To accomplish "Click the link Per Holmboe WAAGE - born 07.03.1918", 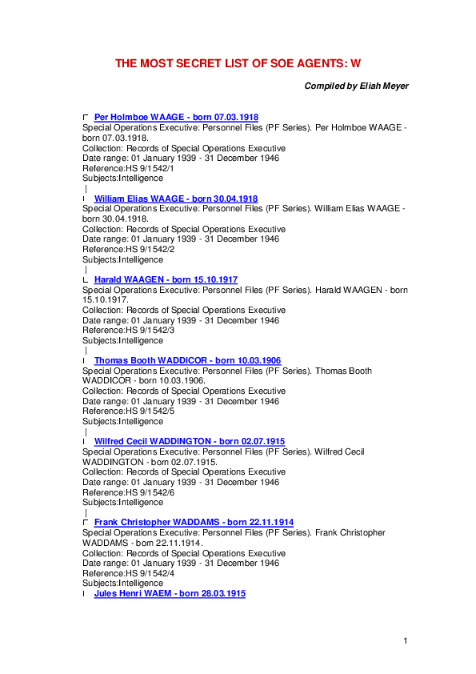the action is pyautogui.click(x=176, y=118).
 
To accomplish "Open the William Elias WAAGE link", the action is pyautogui.click(x=176, y=199).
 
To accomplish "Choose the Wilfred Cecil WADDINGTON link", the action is pyautogui.click(x=190, y=442).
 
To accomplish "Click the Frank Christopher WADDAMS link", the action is pyautogui.click(x=194, y=523).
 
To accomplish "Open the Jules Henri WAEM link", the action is pyautogui.click(x=170, y=594).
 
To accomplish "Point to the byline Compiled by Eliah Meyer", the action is pyautogui.click(x=357, y=86).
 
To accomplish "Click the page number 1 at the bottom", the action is pyautogui.click(x=406, y=640).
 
